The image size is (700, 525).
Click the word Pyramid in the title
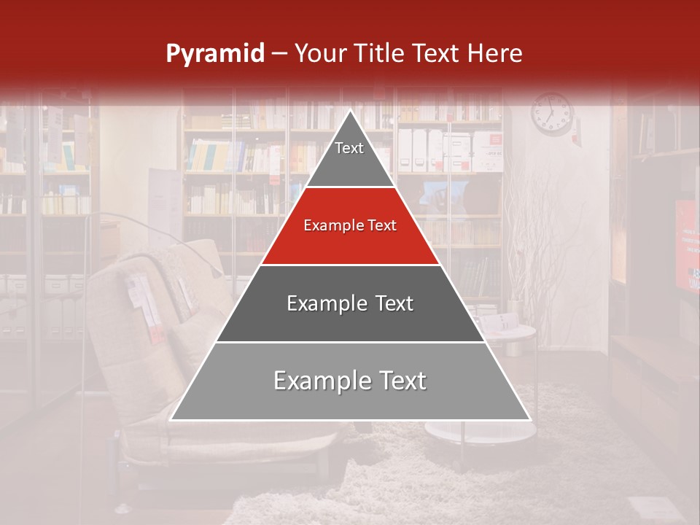(214, 54)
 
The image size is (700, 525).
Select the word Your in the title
(321, 53)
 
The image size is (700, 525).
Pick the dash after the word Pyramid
(279, 55)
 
